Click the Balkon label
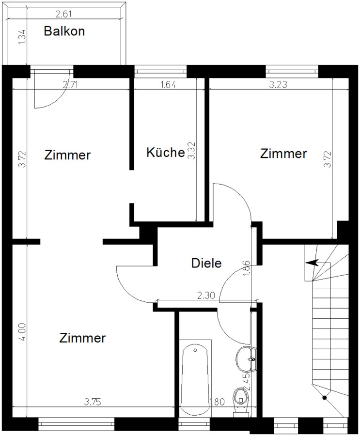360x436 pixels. (x=64, y=31)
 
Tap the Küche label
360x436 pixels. (x=166, y=153)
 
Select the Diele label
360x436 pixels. (x=206, y=263)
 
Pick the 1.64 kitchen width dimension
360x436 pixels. (x=168, y=84)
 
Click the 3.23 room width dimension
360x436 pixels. (x=278, y=84)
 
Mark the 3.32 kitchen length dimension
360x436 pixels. (x=192, y=151)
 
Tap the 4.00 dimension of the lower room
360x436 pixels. (x=22, y=331)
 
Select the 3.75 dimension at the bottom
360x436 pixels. (x=93, y=402)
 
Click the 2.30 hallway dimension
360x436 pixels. (x=206, y=296)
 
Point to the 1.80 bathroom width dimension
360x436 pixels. (x=217, y=402)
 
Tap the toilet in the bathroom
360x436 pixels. (x=241, y=398)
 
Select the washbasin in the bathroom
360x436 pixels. (x=247, y=358)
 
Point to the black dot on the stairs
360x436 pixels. (x=325, y=398)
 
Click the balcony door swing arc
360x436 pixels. (x=57, y=99)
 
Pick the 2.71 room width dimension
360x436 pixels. (x=70, y=84)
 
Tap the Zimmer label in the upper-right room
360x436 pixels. (x=283, y=154)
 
